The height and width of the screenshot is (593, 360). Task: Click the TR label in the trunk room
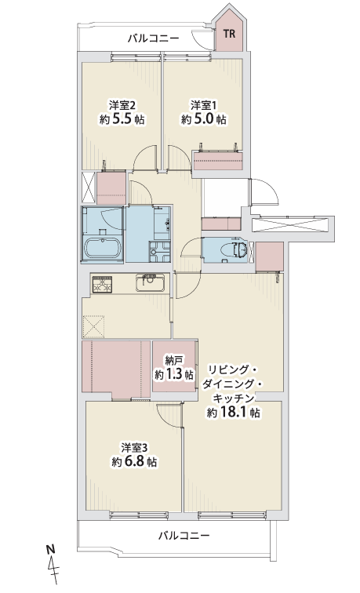click(x=229, y=34)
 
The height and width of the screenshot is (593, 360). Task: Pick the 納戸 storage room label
click(x=173, y=360)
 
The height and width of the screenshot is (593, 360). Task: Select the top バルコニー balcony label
click(x=153, y=38)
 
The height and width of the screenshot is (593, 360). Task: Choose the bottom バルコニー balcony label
click(x=184, y=536)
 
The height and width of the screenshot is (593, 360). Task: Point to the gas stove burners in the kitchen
click(x=102, y=285)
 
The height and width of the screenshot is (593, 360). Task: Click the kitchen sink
click(x=151, y=282)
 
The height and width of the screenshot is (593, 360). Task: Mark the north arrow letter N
click(x=49, y=549)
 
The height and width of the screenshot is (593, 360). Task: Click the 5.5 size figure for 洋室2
click(x=121, y=119)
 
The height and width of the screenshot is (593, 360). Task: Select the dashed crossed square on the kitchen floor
click(x=93, y=326)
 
